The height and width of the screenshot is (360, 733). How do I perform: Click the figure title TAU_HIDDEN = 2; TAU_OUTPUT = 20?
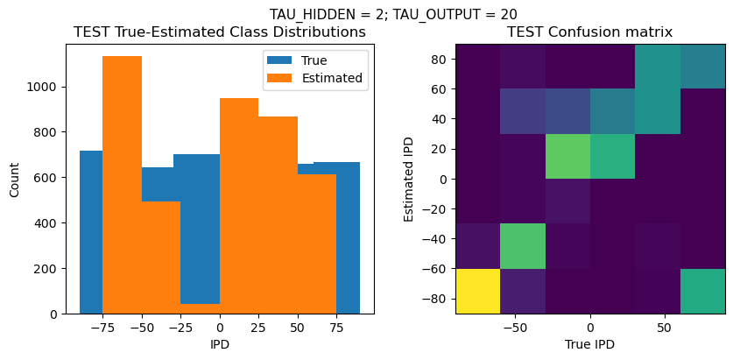[x=393, y=14]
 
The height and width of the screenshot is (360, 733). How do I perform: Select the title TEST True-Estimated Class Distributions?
[x=220, y=32]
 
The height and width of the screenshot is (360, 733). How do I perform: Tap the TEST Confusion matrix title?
[x=589, y=32]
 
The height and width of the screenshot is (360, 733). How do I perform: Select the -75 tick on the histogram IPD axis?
[x=102, y=327]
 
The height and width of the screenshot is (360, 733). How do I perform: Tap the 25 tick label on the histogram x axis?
[x=258, y=327]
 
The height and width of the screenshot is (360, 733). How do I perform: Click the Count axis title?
[x=15, y=179]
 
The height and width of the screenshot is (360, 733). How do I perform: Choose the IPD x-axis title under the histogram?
[x=220, y=344]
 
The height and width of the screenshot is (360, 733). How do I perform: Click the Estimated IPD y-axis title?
[x=409, y=179]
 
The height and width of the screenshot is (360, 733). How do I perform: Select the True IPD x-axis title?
[x=589, y=344]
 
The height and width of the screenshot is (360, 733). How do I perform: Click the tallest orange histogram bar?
[x=122, y=184]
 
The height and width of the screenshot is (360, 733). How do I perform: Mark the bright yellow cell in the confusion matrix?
[x=478, y=291]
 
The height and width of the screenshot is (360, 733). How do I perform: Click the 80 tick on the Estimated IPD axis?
[x=439, y=59]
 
